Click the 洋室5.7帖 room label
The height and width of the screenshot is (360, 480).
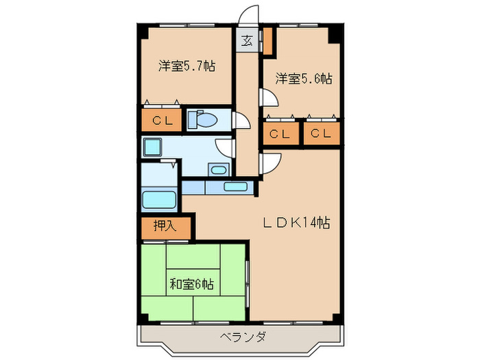[x=187, y=67]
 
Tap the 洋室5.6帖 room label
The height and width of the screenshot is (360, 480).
[x=304, y=79]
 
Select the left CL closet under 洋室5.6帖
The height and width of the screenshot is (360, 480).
[x=279, y=134]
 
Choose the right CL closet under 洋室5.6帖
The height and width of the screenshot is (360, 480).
[x=320, y=134]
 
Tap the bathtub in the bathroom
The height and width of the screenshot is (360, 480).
[x=159, y=201]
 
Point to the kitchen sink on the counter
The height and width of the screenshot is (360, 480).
[x=235, y=186]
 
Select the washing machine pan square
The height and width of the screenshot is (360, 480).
[x=152, y=145]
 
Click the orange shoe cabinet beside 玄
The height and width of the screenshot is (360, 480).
[x=266, y=40]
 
